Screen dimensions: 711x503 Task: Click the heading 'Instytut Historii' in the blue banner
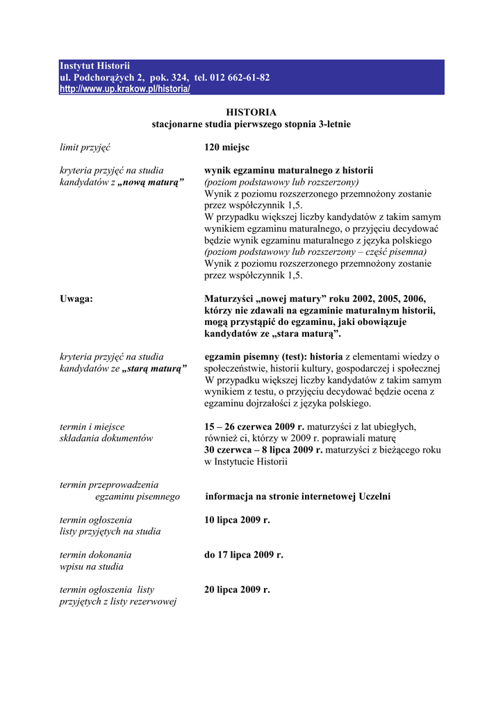coord(94,65)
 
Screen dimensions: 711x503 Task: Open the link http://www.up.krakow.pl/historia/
coord(124,90)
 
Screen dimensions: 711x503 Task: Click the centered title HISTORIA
coord(251,112)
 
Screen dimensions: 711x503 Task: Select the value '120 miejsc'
coord(226,147)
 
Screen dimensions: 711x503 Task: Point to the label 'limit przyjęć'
coord(85,147)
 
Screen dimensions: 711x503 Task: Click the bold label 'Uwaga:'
coord(76,299)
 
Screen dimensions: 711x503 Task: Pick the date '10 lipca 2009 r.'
coord(237,519)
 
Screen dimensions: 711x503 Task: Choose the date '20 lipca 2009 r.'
coord(237,589)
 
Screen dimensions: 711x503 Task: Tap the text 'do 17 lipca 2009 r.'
coord(243,555)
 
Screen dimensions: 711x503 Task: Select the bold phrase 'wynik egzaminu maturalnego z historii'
coord(288,170)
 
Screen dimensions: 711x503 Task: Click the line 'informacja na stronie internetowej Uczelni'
coord(297,496)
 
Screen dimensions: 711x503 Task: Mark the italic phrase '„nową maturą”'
coord(151,182)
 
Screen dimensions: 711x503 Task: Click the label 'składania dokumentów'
coord(106,438)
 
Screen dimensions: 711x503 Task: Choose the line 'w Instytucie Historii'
coord(245,462)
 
